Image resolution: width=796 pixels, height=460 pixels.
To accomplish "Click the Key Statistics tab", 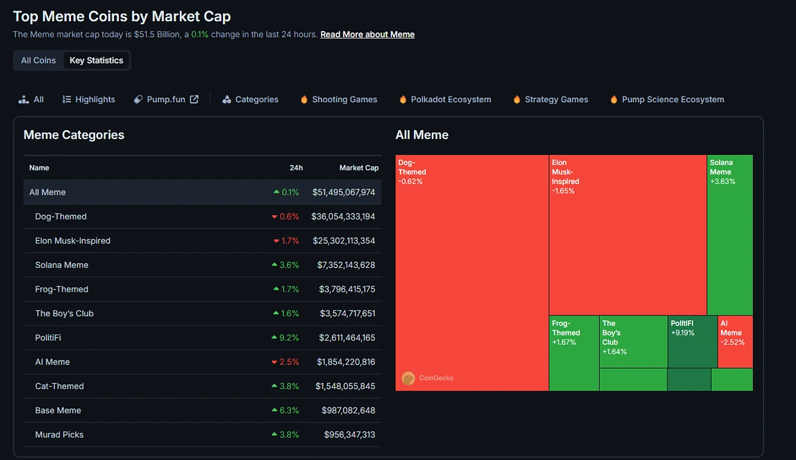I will coord(96,60).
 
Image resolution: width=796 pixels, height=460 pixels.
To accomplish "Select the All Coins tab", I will coord(38,60).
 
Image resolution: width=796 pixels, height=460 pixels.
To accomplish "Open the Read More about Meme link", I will coord(367,34).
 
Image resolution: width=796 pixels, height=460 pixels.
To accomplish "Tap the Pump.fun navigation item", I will coord(166,99).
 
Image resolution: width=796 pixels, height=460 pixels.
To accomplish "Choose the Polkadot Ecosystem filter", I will coord(450,99).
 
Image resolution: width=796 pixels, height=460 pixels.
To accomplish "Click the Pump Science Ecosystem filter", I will coord(672,99).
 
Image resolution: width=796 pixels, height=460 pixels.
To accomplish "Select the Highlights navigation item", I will coord(95,99).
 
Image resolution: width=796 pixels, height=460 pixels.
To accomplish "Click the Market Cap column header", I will coord(359,168).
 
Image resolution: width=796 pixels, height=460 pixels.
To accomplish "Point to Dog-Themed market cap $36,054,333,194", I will coord(343,217).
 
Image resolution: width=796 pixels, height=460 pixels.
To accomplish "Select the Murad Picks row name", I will coord(59,435).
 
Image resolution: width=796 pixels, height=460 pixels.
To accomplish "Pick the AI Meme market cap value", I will coord(346,362).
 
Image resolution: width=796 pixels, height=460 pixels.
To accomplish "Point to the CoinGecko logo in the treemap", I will coord(409,378).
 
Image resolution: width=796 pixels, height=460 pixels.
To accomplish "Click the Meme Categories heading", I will coord(74,135).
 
